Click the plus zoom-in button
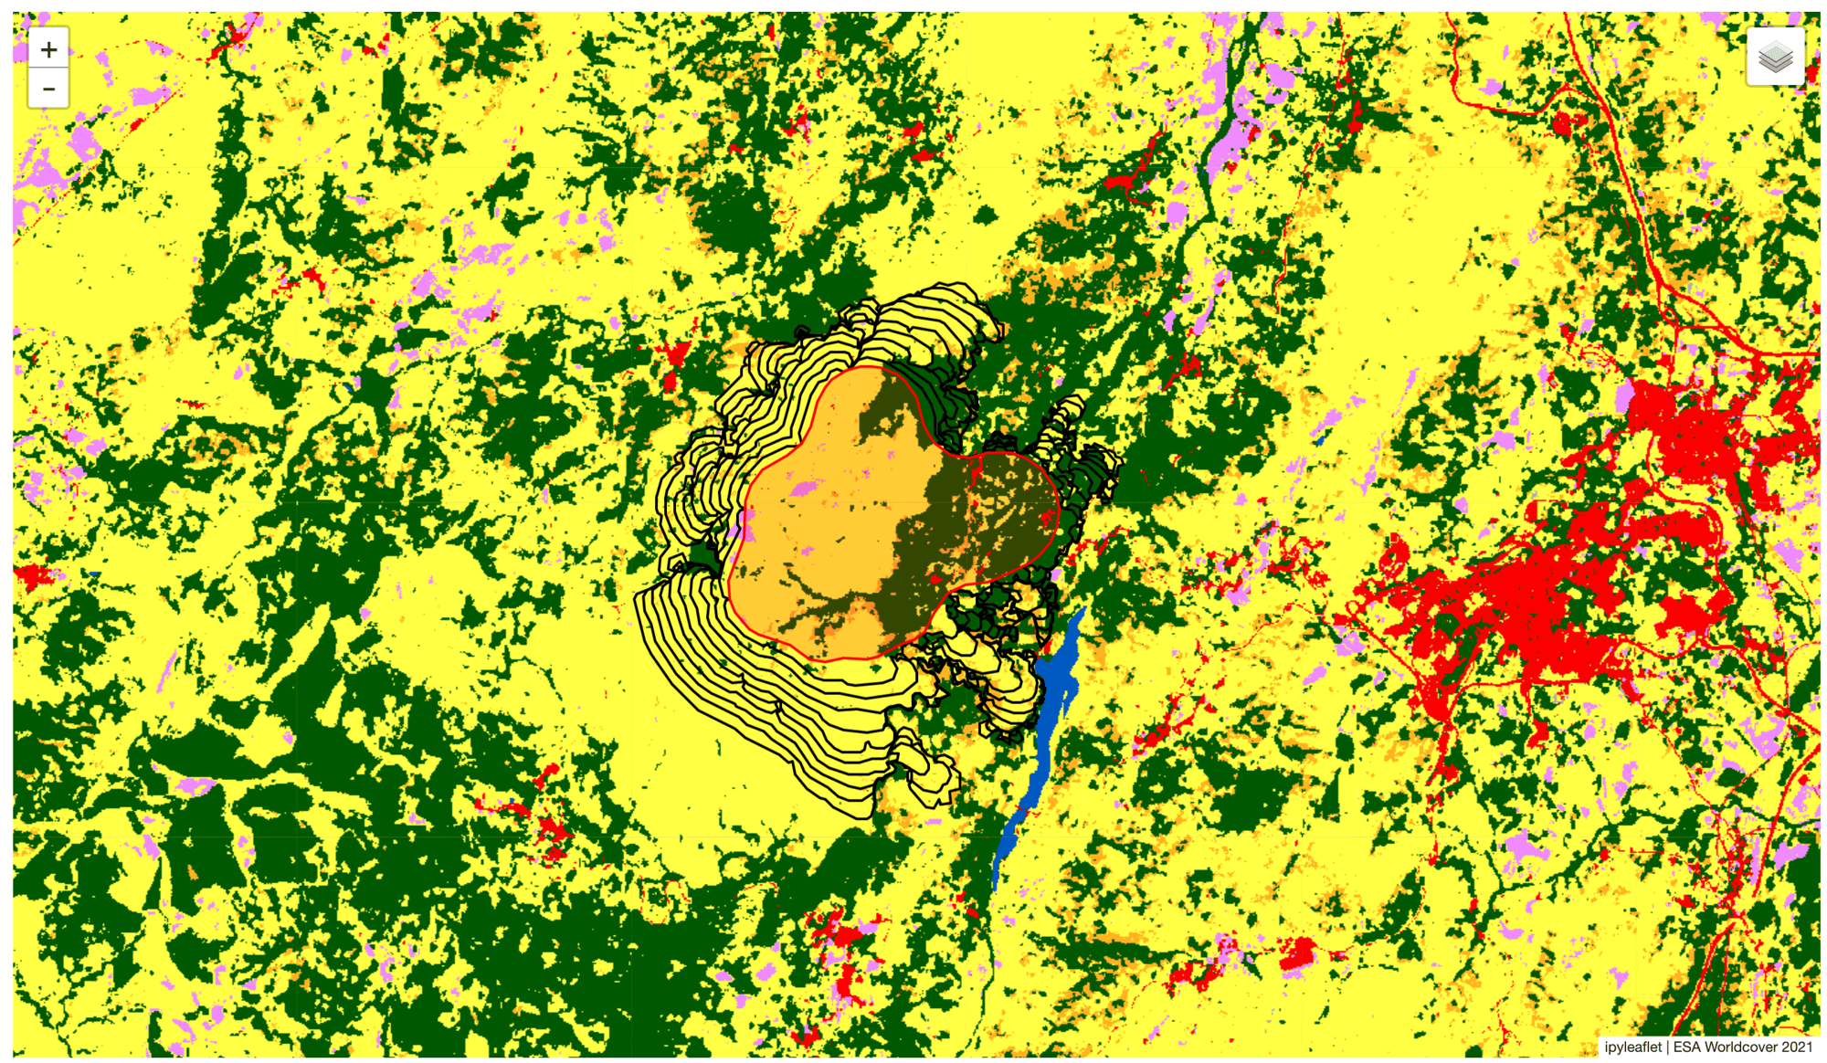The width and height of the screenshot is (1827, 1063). [48, 49]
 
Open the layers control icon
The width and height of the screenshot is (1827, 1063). [1774, 58]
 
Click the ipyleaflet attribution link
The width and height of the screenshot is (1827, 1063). [1632, 1047]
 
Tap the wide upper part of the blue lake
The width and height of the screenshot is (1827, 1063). [1060, 667]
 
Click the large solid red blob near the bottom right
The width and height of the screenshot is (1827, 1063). [1297, 954]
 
